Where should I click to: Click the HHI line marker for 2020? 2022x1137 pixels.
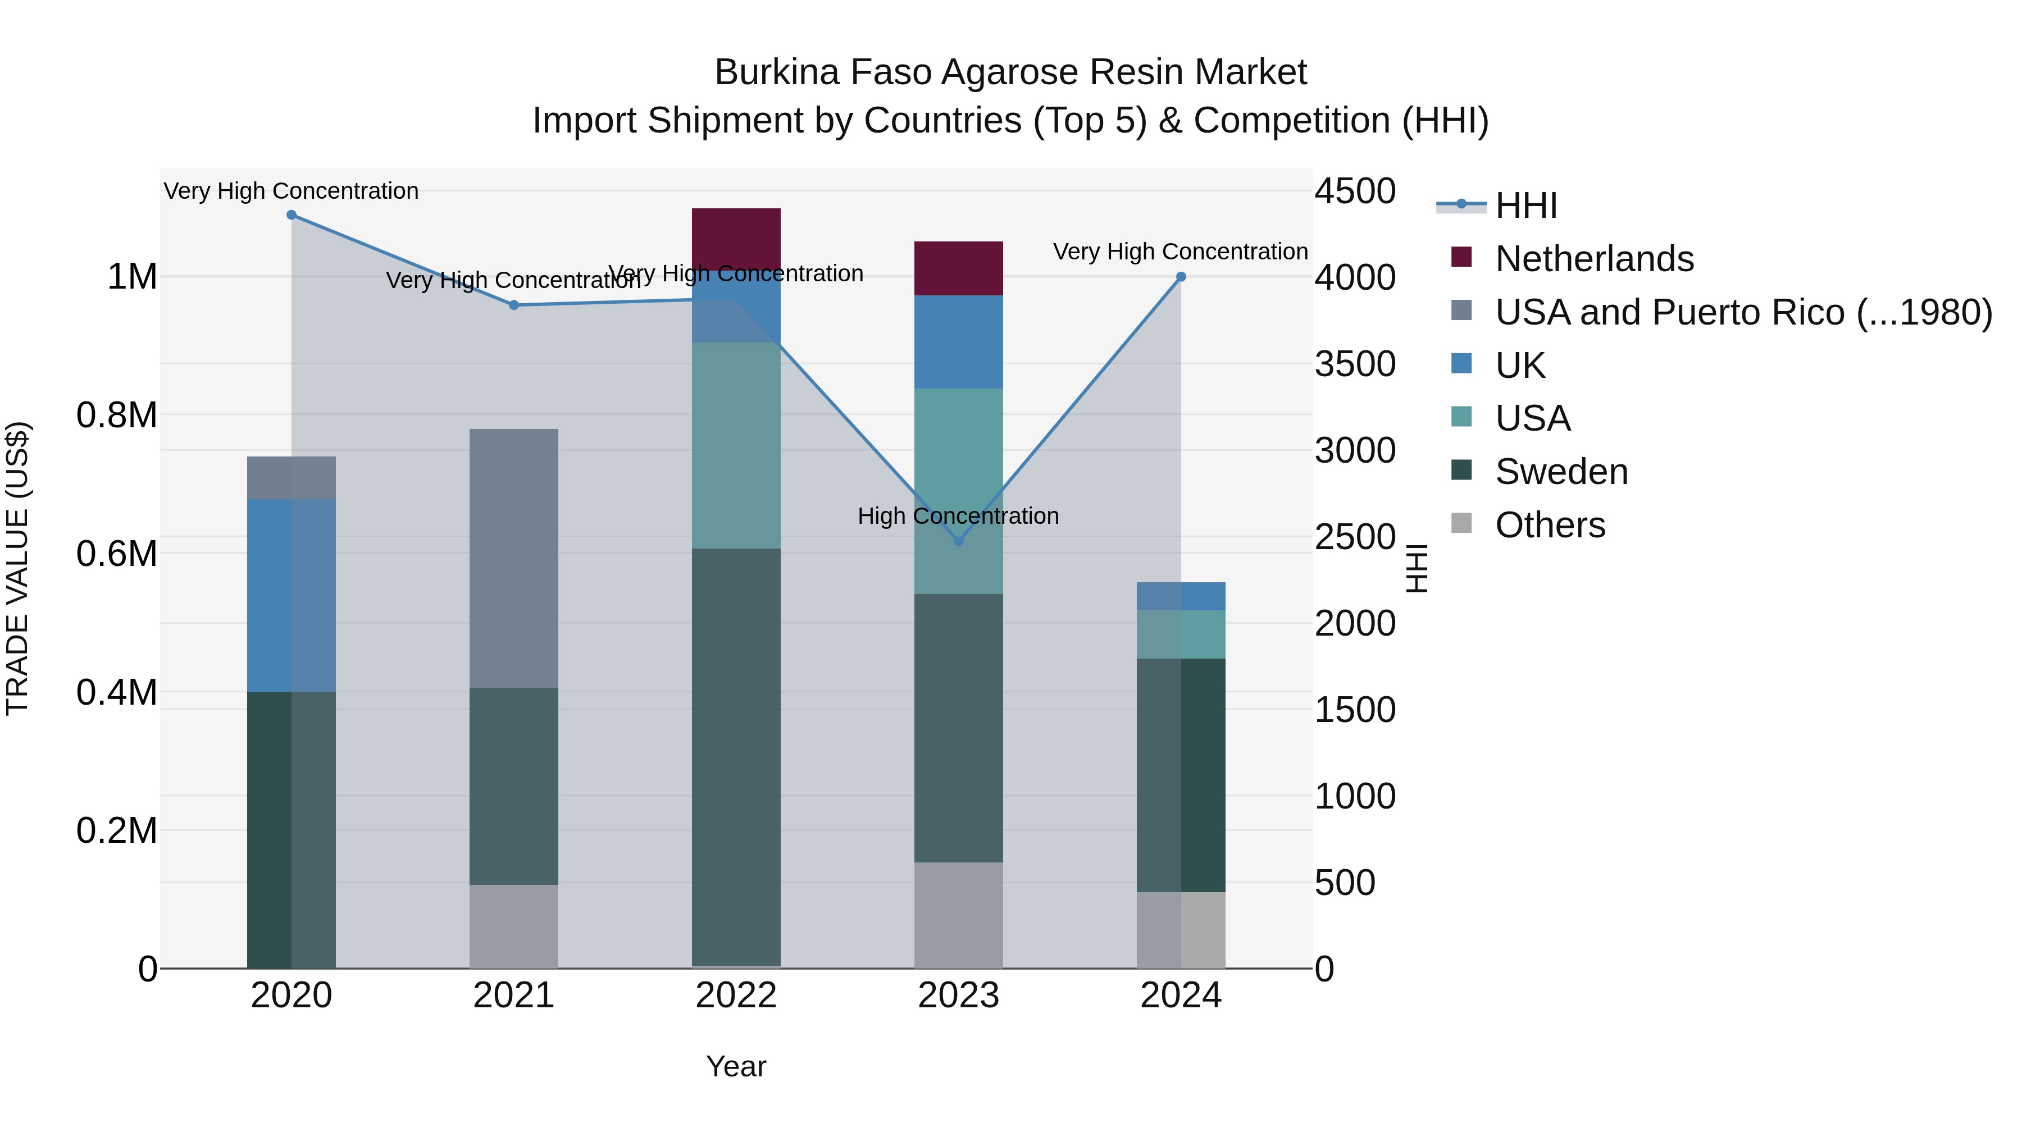point(291,215)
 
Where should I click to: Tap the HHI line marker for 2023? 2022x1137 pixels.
point(958,541)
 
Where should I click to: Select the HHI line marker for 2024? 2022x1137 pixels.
point(1181,277)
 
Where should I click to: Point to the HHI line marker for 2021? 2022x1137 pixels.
point(514,305)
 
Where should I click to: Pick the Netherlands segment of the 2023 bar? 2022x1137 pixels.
point(958,268)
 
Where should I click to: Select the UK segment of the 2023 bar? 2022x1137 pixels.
point(958,342)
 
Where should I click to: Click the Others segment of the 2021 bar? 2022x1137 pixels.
point(514,926)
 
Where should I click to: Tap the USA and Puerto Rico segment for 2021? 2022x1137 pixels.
point(514,558)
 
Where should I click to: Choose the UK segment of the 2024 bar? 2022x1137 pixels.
point(1181,596)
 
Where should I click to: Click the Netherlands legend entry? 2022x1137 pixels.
point(1593,259)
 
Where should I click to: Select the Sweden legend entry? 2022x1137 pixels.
point(1560,472)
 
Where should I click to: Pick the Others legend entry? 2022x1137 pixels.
point(1550,525)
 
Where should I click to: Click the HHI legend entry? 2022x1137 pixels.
point(1525,206)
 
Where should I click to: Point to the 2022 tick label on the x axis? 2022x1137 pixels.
point(736,996)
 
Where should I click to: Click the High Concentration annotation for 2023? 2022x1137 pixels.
point(958,517)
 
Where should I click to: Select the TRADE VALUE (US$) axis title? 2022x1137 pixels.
point(17,568)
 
